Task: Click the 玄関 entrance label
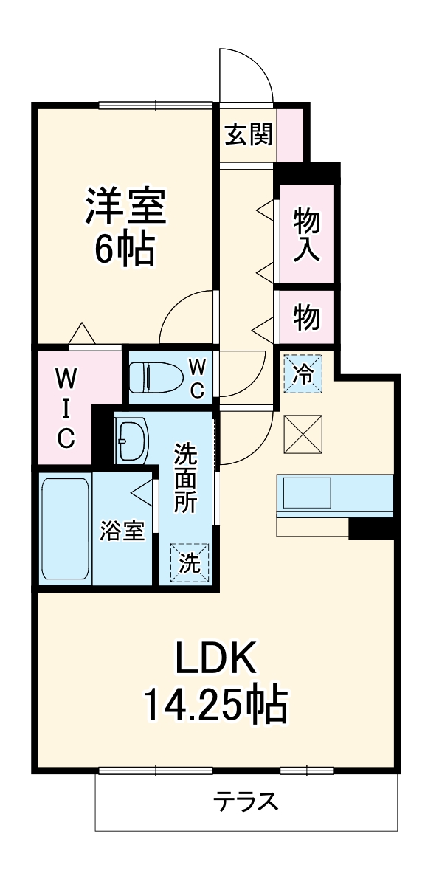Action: click(x=249, y=134)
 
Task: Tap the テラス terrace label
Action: click(x=246, y=802)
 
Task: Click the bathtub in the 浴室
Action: click(x=66, y=528)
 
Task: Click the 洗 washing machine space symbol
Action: click(x=190, y=563)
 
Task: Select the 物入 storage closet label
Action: click(x=306, y=234)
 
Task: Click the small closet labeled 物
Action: click(x=306, y=317)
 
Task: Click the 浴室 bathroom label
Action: click(x=122, y=531)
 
